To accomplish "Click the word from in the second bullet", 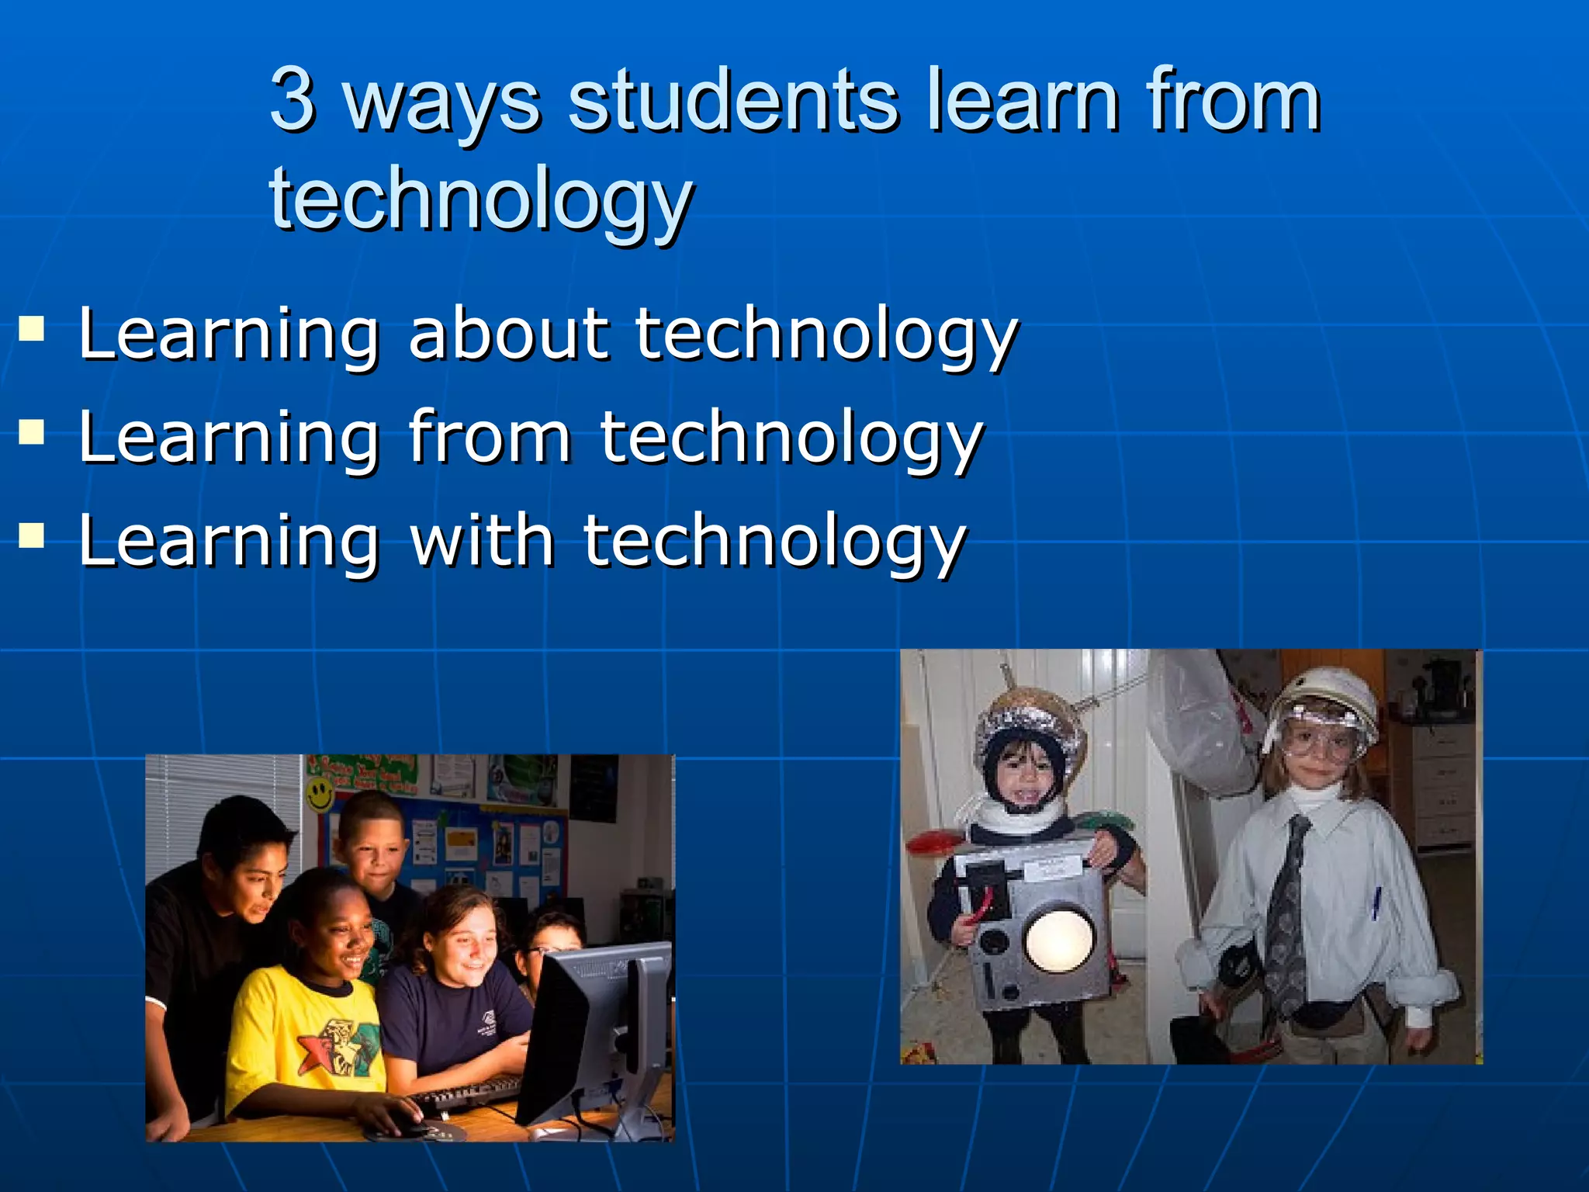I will point(490,437).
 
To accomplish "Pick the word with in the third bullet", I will point(482,541).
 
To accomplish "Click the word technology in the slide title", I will point(481,198).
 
